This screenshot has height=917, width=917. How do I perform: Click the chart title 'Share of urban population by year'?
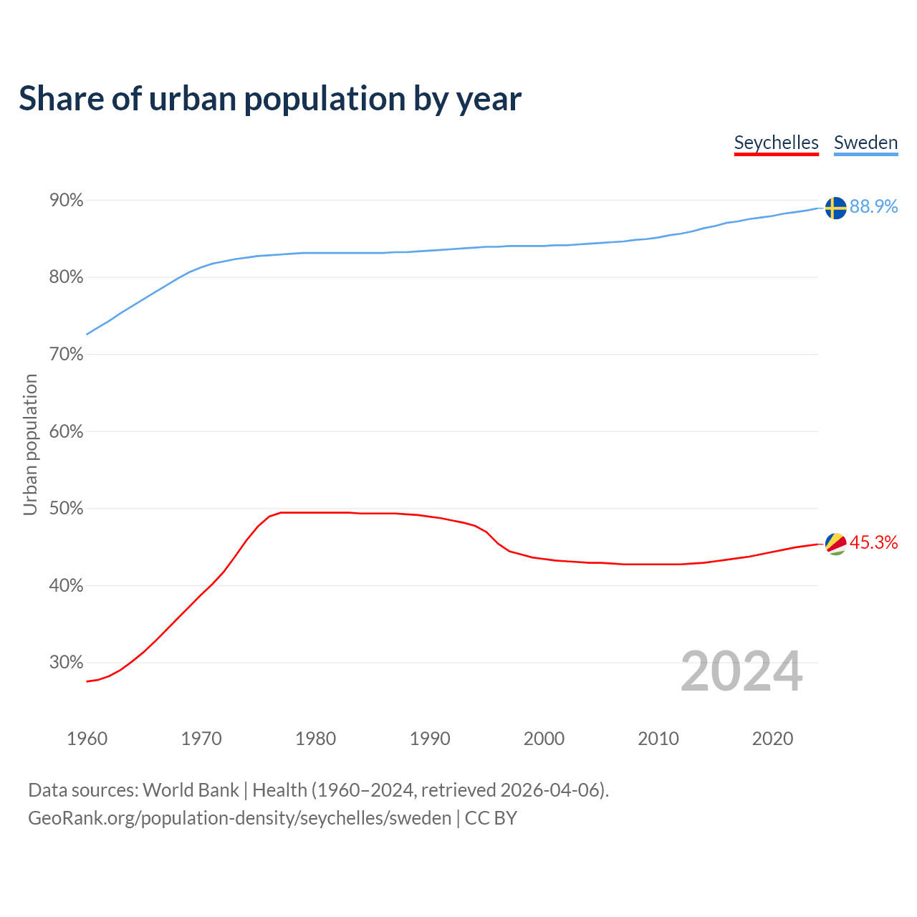pyautogui.click(x=270, y=99)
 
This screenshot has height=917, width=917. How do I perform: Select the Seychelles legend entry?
pyautogui.click(x=776, y=143)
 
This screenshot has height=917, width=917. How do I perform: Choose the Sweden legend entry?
pyautogui.click(x=865, y=143)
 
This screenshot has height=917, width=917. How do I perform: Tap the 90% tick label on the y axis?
pyautogui.click(x=66, y=201)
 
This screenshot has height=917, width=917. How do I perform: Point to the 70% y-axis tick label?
pyautogui.click(x=66, y=355)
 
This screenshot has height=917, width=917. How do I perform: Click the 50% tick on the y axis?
pyautogui.click(x=66, y=509)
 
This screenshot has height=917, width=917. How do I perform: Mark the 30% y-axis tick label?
pyautogui.click(x=66, y=662)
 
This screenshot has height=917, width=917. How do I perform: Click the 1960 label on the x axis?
pyautogui.click(x=87, y=739)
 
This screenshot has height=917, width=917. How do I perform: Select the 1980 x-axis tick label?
pyautogui.click(x=315, y=739)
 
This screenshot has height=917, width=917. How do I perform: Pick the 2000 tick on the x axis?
pyautogui.click(x=544, y=739)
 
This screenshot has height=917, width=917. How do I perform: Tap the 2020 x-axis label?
pyautogui.click(x=772, y=739)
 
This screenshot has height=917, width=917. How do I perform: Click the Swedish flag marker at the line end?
pyautogui.click(x=835, y=208)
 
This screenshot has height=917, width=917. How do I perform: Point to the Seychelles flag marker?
pyautogui.click(x=835, y=544)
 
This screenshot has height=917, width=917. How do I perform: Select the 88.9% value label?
pyautogui.click(x=873, y=206)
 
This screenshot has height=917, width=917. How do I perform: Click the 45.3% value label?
pyautogui.click(x=873, y=542)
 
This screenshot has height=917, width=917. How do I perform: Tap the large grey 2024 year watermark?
pyautogui.click(x=741, y=671)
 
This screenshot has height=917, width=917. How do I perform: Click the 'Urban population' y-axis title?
pyautogui.click(x=30, y=444)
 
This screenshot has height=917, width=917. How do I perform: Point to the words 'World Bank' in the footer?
pyautogui.click(x=191, y=790)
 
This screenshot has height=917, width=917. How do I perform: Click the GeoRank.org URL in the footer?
pyautogui.click(x=239, y=818)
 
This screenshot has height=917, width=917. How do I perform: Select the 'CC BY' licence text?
pyautogui.click(x=491, y=818)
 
